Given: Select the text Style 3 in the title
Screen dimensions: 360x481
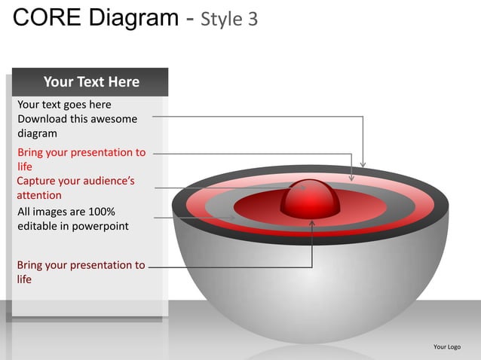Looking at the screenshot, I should click(x=229, y=19).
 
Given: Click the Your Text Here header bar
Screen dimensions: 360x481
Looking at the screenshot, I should click(x=91, y=81).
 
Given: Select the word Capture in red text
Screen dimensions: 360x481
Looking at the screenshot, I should click(x=38, y=181).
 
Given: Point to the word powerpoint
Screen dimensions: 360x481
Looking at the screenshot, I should click(x=100, y=226).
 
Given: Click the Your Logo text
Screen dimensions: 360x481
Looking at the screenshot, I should click(x=447, y=346).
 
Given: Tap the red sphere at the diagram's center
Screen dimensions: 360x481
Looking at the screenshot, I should click(x=310, y=198).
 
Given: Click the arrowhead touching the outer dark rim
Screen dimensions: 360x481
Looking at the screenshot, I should click(x=363, y=164).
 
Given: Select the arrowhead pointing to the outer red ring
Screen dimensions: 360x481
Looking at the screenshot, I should click(x=351, y=178).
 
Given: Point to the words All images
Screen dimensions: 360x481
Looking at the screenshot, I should click(x=42, y=212).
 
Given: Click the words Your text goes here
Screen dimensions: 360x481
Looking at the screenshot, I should click(x=64, y=105).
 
